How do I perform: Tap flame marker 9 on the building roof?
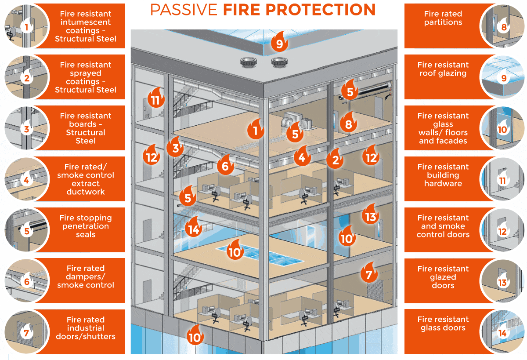pos(279,43)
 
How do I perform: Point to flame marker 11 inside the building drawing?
pos(155,100)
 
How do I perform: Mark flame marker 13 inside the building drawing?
pos(370,216)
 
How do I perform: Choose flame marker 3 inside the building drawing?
pos(176,148)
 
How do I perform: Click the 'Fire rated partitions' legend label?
pos(443,18)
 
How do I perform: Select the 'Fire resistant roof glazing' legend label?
pos(443,69)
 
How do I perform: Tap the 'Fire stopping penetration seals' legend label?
pos(86,226)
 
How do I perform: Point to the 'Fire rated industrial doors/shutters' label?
pos(86,328)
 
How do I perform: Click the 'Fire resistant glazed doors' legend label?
pos(443,277)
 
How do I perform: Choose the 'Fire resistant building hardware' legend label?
pos(443,175)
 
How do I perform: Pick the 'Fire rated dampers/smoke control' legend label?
pos(86,277)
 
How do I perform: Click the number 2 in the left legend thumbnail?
pos(27,79)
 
